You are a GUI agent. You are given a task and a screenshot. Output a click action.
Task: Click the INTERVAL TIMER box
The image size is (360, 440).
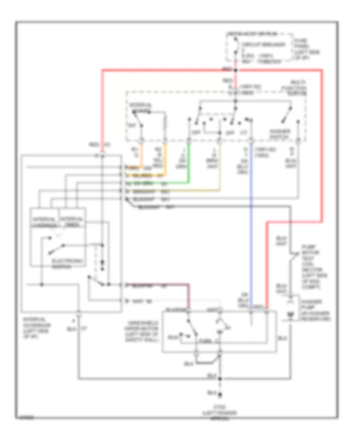click(x=72, y=221)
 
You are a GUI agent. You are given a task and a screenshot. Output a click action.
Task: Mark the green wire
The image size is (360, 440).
click(x=189, y=164)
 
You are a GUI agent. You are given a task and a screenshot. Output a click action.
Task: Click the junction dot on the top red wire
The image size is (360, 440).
click(x=235, y=70)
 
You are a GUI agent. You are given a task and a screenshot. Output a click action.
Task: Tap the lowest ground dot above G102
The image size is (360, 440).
click(x=219, y=395)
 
